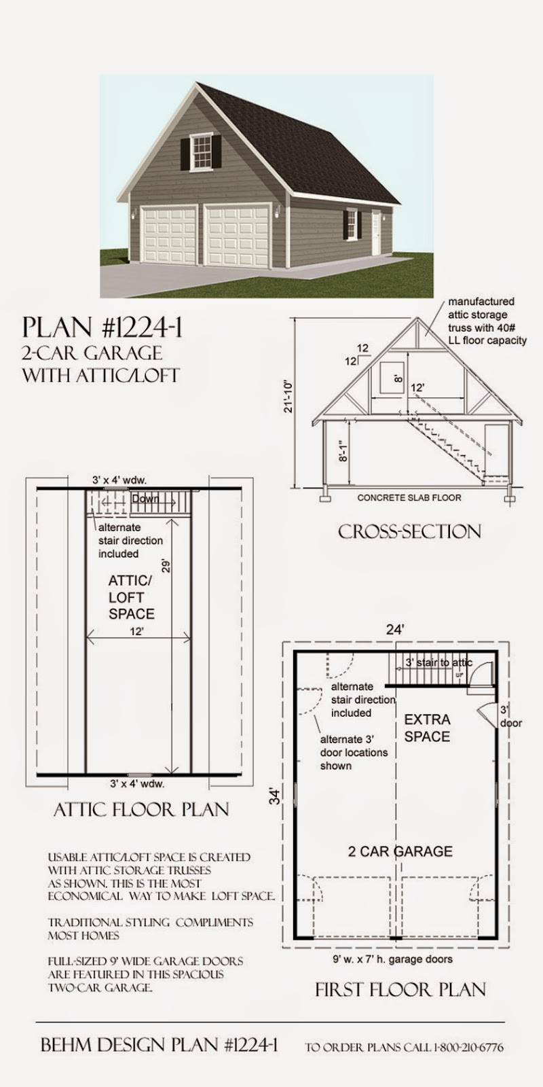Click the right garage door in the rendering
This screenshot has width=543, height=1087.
click(x=238, y=236)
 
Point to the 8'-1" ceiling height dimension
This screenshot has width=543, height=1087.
click(x=345, y=449)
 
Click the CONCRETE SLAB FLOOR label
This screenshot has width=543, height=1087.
click(x=409, y=498)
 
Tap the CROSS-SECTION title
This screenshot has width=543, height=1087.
click(x=409, y=531)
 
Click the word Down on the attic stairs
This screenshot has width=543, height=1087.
click(x=147, y=499)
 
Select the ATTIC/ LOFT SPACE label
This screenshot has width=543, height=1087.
click(x=131, y=597)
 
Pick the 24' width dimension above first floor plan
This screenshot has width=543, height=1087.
click(x=395, y=630)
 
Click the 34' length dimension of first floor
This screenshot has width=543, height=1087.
click(x=274, y=795)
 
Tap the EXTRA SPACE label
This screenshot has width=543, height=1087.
click(x=427, y=728)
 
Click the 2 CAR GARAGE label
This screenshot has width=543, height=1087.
click(x=400, y=851)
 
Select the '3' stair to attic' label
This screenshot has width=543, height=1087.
click(x=438, y=662)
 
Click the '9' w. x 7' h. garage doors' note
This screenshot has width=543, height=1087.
click(x=392, y=959)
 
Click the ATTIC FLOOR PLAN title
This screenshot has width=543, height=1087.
click(x=141, y=809)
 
